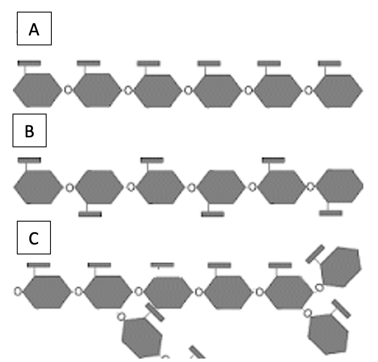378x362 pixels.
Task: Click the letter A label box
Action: [x=34, y=29]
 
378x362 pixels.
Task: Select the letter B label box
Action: [x=29, y=130]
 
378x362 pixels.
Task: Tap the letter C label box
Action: [x=34, y=238]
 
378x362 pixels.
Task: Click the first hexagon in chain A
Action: [x=38, y=90]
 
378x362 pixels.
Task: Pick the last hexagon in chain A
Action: [x=339, y=91]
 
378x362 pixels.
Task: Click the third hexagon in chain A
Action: [x=158, y=91]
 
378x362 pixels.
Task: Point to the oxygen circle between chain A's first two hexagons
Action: [x=68, y=90]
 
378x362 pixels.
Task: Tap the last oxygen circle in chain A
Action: [x=309, y=91]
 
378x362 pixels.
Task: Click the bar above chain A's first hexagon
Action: [x=29, y=63]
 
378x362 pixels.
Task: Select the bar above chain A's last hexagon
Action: [x=330, y=64]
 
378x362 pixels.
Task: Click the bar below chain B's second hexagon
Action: [x=90, y=214]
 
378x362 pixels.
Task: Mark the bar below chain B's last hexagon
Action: [x=331, y=213]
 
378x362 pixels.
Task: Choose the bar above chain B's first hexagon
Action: [x=29, y=160]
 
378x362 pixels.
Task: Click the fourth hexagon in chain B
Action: [x=221, y=187]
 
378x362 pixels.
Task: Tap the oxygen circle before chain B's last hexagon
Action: [x=311, y=187]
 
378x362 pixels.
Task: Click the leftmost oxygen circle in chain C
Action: [x=17, y=292]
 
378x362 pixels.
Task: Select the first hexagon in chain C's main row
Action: [x=47, y=292]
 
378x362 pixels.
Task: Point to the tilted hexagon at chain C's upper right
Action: [x=341, y=267]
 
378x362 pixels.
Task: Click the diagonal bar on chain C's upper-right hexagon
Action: [x=315, y=254]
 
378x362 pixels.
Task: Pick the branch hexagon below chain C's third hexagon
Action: [x=142, y=337]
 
